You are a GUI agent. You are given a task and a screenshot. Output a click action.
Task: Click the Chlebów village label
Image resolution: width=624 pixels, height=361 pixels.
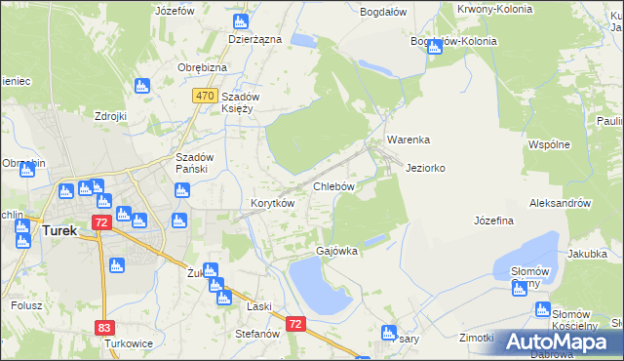coord(332,185)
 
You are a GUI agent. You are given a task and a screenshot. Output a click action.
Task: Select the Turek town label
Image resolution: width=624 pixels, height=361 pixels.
coord(62,230)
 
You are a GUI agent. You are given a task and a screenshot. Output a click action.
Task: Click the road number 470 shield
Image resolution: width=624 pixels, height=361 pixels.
coord(204,96)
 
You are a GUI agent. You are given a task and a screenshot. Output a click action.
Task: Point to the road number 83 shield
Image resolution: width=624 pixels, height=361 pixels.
coord(103,328)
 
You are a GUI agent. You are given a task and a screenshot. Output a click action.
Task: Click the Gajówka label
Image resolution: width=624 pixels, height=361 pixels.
coord(336,251)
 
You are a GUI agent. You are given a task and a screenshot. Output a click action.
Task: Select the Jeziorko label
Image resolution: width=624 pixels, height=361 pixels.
coord(425,168)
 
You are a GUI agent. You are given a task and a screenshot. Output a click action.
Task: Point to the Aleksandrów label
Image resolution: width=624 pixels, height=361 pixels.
coord(560,203)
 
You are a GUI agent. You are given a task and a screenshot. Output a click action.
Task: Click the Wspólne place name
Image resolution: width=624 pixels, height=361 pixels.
coord(549,143)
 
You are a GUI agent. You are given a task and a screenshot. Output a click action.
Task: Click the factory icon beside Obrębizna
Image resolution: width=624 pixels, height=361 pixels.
coord(143,86)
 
